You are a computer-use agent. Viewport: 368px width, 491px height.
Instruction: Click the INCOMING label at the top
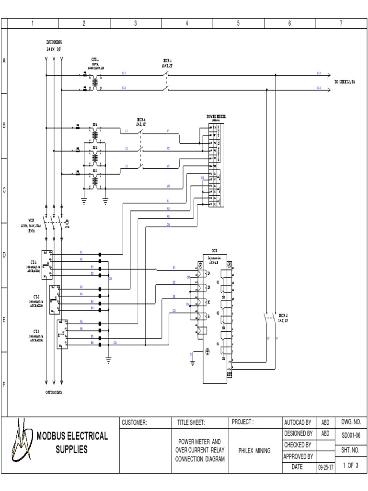click(x=54, y=43)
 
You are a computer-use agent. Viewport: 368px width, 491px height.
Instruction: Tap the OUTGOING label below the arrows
click(x=54, y=392)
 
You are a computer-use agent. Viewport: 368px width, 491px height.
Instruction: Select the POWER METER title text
click(x=217, y=116)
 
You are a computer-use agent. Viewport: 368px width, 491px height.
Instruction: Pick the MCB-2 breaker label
click(x=284, y=316)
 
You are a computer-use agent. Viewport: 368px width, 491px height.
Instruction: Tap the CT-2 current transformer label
click(x=36, y=297)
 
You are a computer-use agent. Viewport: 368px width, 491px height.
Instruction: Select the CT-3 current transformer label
click(x=36, y=331)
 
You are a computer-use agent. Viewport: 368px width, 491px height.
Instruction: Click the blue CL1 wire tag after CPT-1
click(x=124, y=73)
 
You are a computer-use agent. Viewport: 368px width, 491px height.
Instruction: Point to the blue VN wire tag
click(x=168, y=186)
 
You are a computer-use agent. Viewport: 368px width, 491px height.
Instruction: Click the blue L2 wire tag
click(x=126, y=148)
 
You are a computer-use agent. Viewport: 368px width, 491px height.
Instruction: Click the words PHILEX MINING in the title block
click(x=255, y=451)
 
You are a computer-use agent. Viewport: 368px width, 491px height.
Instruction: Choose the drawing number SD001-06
click(x=351, y=434)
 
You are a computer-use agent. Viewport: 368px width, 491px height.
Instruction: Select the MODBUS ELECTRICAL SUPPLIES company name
click(x=72, y=443)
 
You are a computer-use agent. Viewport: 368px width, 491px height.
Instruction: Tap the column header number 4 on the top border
click(x=186, y=23)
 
